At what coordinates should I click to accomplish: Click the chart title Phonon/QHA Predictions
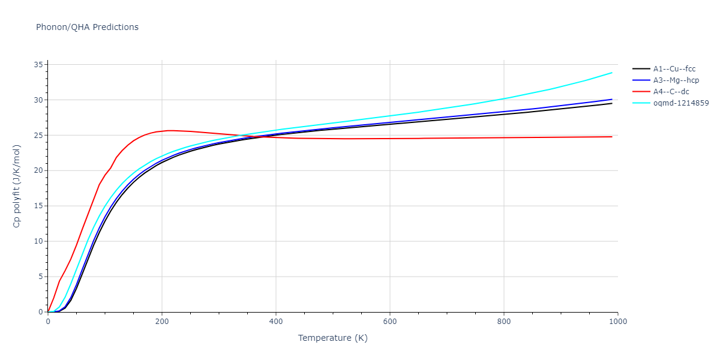pyautogui.click(x=87, y=27)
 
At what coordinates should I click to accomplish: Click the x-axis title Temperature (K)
pyautogui.click(x=332, y=338)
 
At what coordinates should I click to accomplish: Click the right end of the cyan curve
pyautogui.click(x=612, y=73)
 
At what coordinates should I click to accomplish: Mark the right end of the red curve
pyautogui.click(x=612, y=137)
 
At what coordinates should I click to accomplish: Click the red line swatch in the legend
pyautogui.click(x=641, y=92)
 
